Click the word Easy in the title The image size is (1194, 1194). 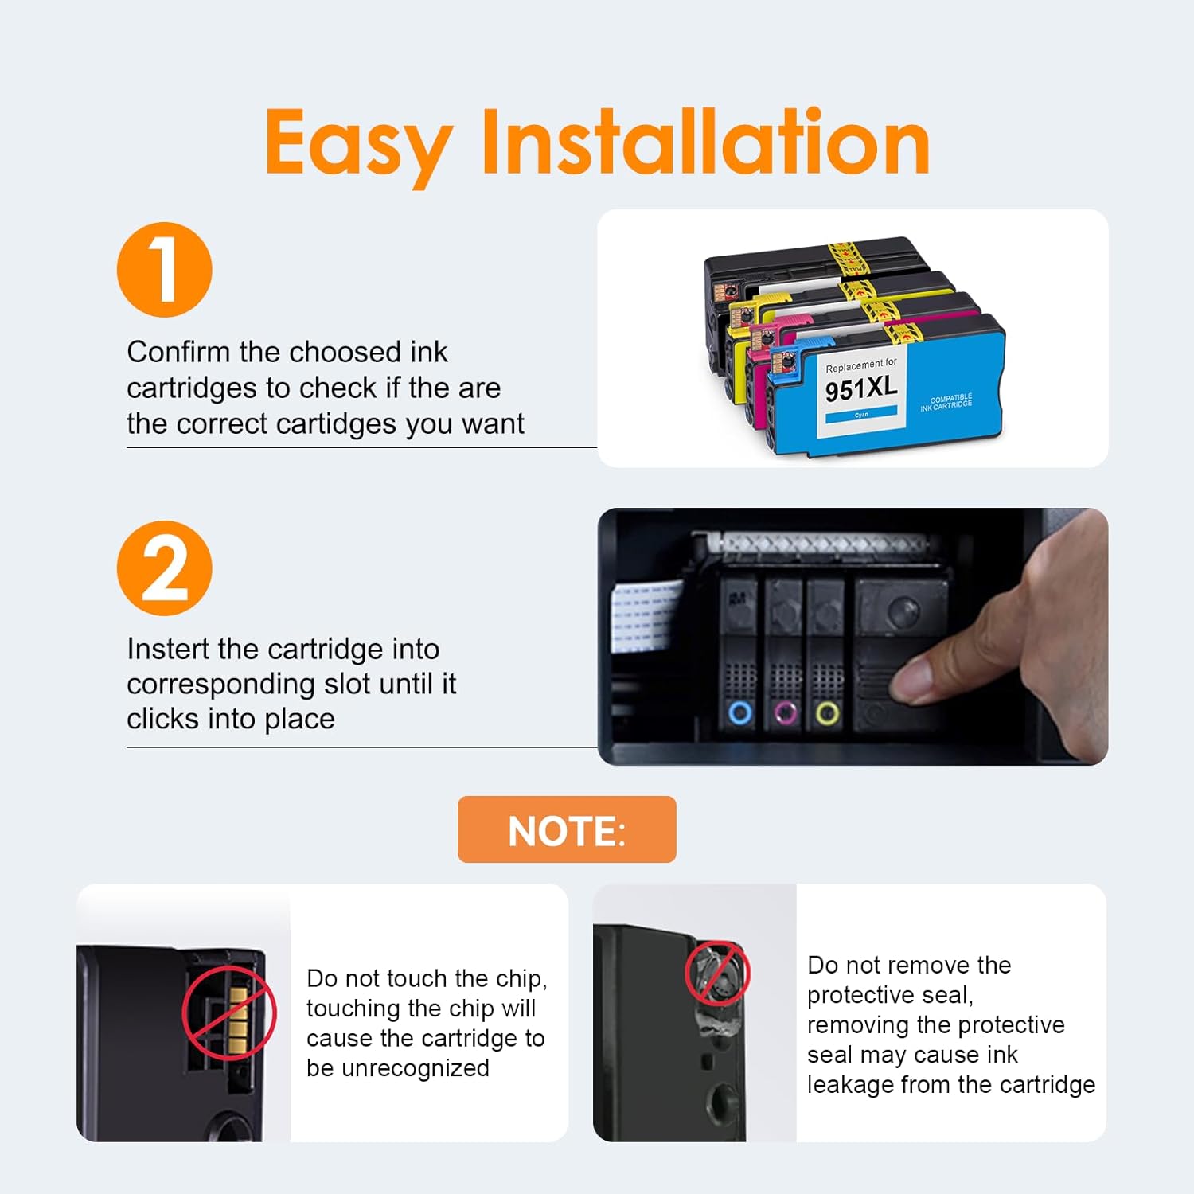click(358, 145)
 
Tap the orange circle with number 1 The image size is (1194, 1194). click(165, 270)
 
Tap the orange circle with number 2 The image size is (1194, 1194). click(165, 568)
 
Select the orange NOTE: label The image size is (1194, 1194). click(567, 829)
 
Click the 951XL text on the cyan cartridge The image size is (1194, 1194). click(861, 389)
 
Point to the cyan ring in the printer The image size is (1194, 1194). click(740, 712)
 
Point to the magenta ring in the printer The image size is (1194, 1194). click(786, 712)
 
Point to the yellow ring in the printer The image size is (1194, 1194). click(828, 712)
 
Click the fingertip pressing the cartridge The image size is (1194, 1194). click(915, 681)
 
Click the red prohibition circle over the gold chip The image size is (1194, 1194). click(229, 1013)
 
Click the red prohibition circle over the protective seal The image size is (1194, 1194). click(718, 974)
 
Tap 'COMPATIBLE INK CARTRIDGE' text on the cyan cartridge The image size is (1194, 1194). click(946, 402)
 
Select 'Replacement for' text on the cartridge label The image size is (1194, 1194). click(861, 365)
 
